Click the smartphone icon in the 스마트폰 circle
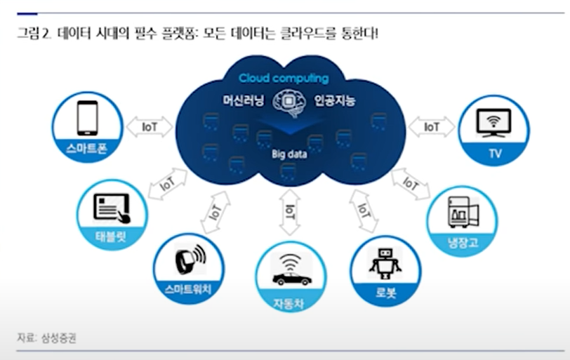[87, 117]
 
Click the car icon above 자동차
[291, 272]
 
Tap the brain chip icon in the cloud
[290, 102]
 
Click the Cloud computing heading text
[283, 78]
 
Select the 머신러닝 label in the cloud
[243, 100]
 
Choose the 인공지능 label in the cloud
[336, 100]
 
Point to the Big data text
[290, 154]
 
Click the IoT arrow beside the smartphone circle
[150, 127]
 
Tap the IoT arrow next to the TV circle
[432, 127]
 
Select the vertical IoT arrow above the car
[290, 210]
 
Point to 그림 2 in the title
[33, 32]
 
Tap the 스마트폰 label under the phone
[87, 148]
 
